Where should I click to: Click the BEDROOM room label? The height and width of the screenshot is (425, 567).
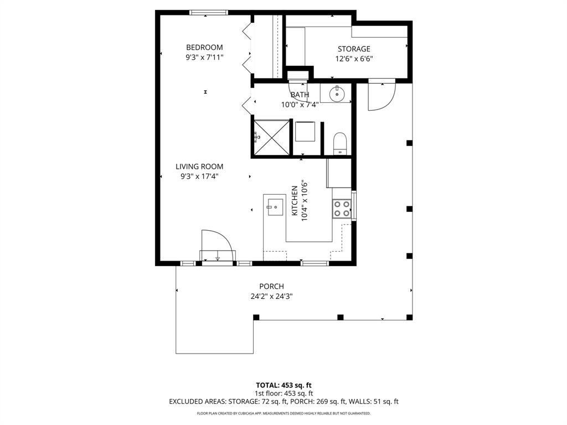click(204, 48)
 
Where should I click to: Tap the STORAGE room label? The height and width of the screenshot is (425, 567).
click(354, 49)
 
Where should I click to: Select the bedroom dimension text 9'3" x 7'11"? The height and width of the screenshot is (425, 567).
click(204, 57)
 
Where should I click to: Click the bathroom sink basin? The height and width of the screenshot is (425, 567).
click(337, 94)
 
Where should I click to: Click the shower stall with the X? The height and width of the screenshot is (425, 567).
click(271, 136)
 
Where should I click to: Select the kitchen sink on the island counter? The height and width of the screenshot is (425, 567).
click(274, 207)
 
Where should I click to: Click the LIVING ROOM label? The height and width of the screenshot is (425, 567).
click(199, 167)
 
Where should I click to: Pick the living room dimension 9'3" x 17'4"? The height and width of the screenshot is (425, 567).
click(199, 177)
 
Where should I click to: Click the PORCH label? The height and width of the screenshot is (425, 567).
click(271, 286)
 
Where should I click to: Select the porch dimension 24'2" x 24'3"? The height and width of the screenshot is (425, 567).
click(271, 296)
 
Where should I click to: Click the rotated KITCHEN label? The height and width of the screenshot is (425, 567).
click(295, 200)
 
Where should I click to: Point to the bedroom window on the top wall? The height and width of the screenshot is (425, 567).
click(209, 12)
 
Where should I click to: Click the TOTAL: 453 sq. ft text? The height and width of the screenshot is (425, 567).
click(283, 385)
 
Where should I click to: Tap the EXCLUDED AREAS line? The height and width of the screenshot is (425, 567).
click(283, 402)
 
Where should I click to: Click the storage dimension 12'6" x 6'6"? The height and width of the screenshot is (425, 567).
click(354, 59)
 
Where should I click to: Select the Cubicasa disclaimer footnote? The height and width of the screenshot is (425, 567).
click(283, 413)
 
